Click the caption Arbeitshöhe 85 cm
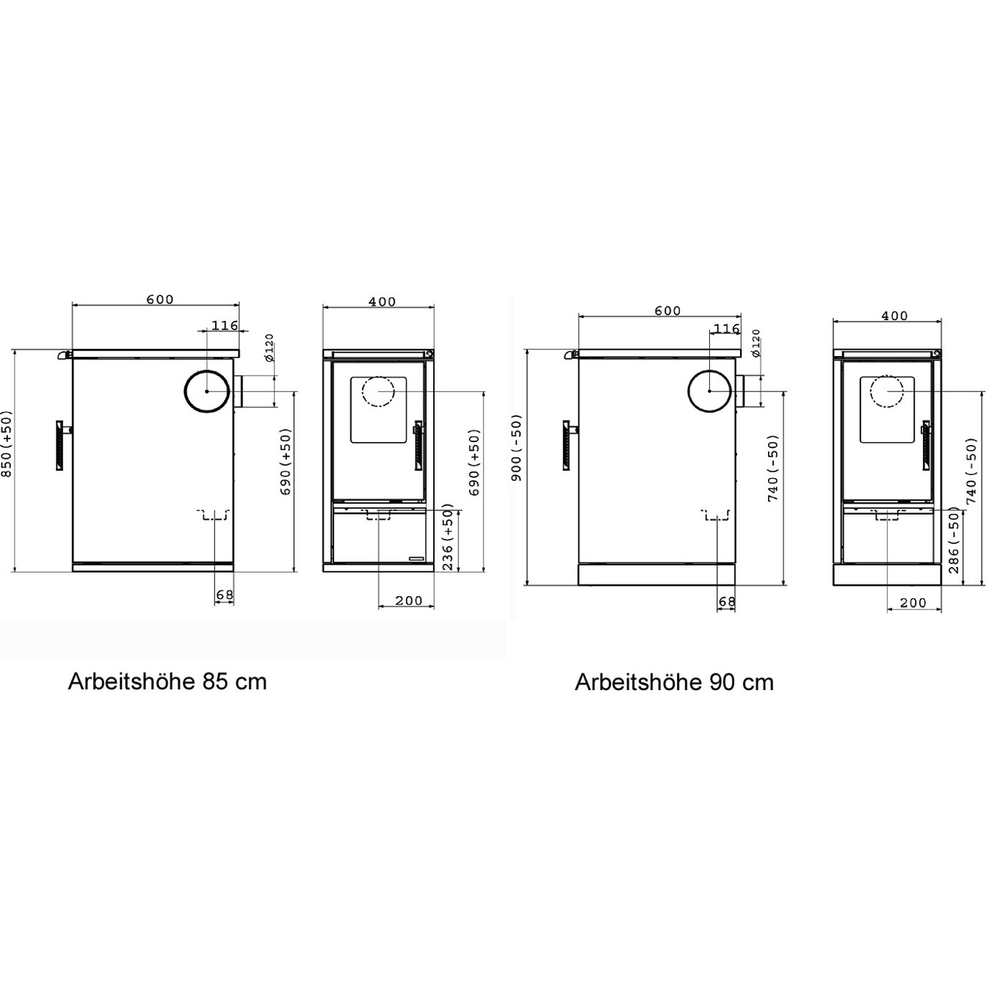click(x=167, y=682)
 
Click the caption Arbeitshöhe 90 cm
click(x=674, y=683)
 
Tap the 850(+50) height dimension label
click(x=6, y=443)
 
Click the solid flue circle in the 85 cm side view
click(x=207, y=391)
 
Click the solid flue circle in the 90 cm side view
click(x=710, y=391)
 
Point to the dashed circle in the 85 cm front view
click(x=378, y=391)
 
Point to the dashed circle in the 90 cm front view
click(x=887, y=391)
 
